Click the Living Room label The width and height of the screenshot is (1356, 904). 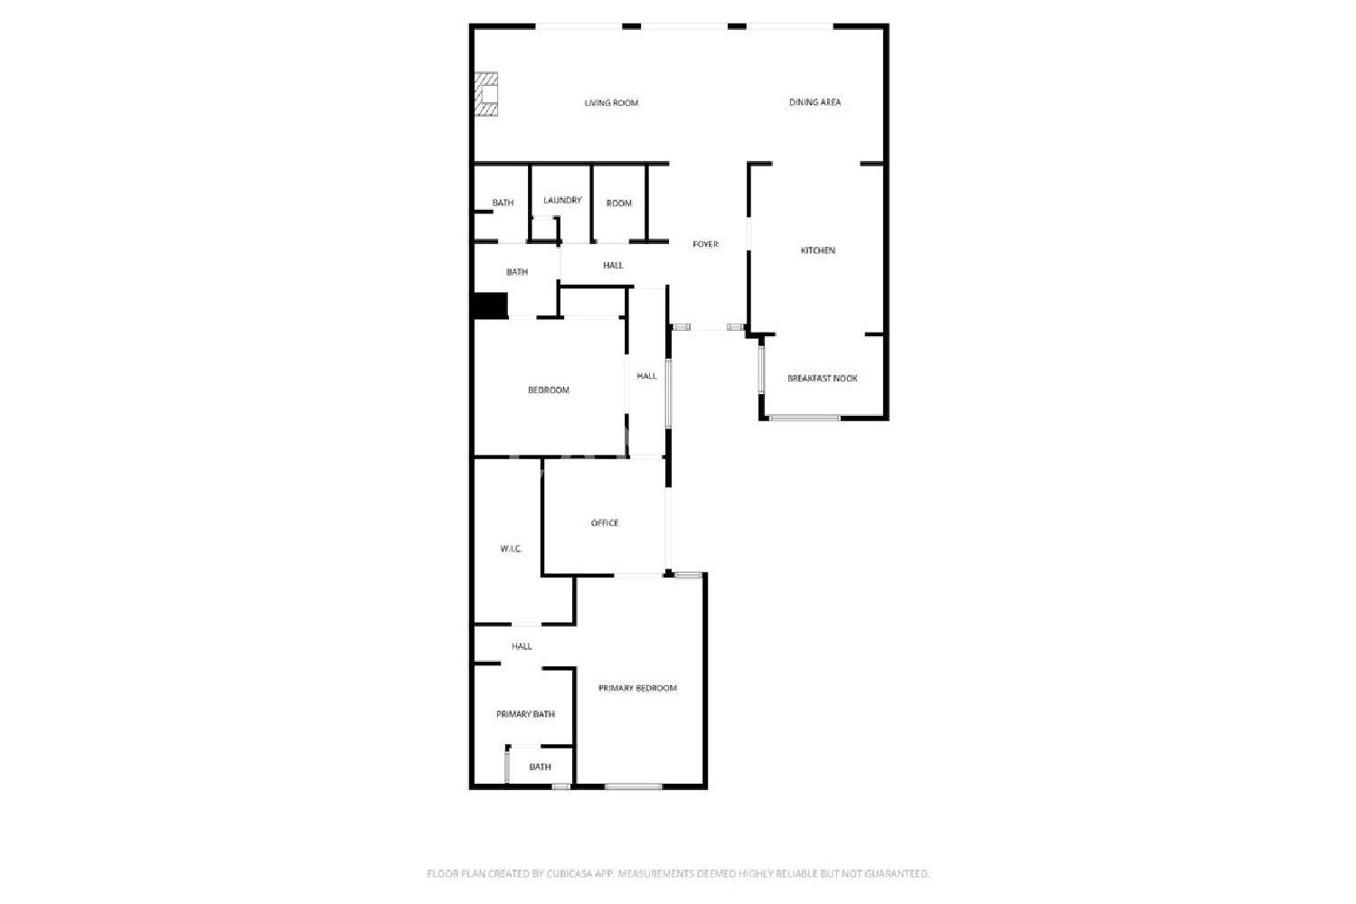(x=611, y=103)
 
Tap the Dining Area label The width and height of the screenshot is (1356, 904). (x=815, y=102)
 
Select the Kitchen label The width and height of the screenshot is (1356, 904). (x=818, y=250)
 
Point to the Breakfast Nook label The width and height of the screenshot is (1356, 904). (x=822, y=379)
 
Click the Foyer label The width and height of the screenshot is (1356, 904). (x=706, y=244)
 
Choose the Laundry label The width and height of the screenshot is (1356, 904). (x=562, y=201)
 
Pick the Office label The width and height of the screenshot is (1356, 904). (x=605, y=523)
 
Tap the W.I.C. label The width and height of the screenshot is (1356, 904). (x=511, y=550)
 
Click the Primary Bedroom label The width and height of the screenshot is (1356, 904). (x=637, y=689)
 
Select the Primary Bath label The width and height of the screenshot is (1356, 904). (x=525, y=714)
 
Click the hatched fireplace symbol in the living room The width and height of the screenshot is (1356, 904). (x=485, y=94)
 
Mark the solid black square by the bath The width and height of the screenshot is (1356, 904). (x=490, y=306)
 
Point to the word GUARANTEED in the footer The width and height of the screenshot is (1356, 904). (x=897, y=874)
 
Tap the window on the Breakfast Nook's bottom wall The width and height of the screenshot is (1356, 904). (x=805, y=418)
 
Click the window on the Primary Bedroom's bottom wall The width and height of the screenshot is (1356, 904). (x=633, y=786)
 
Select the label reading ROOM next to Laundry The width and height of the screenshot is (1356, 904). (x=619, y=203)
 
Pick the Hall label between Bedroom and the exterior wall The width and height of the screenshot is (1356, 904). (x=646, y=376)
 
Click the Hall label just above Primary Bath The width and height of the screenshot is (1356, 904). (x=522, y=646)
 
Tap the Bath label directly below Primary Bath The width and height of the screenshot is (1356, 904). (x=540, y=767)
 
